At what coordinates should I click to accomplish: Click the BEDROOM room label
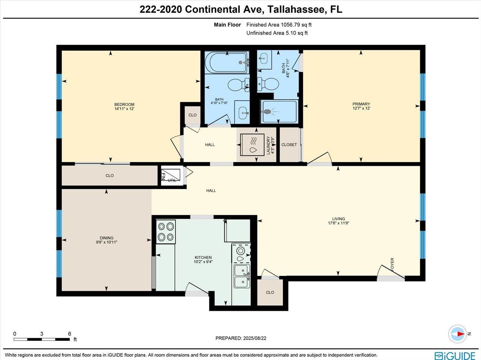pyautogui.click(x=124, y=104)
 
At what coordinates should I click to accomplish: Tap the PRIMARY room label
pyautogui.click(x=361, y=104)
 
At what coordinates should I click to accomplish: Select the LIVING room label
pyautogui.click(x=338, y=219)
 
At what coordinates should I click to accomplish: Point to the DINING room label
pyautogui.click(x=107, y=238)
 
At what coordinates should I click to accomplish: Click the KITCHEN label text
pyautogui.click(x=203, y=258)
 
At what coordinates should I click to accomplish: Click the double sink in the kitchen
pyautogui.click(x=241, y=276)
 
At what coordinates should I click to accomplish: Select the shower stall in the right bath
pyautogui.click(x=279, y=111)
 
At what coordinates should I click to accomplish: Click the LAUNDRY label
pyautogui.click(x=268, y=145)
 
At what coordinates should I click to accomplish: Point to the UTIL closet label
pyautogui.click(x=172, y=181)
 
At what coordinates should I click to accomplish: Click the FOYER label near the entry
pyautogui.click(x=392, y=264)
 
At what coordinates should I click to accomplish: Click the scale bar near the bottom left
pyautogui.click(x=42, y=339)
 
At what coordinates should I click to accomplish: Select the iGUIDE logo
pyautogui.click(x=455, y=355)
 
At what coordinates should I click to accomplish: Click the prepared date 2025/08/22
pyautogui.click(x=254, y=338)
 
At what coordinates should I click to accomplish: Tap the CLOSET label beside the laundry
pyautogui.click(x=289, y=145)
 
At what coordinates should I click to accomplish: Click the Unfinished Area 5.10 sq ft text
pyautogui.click(x=277, y=33)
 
